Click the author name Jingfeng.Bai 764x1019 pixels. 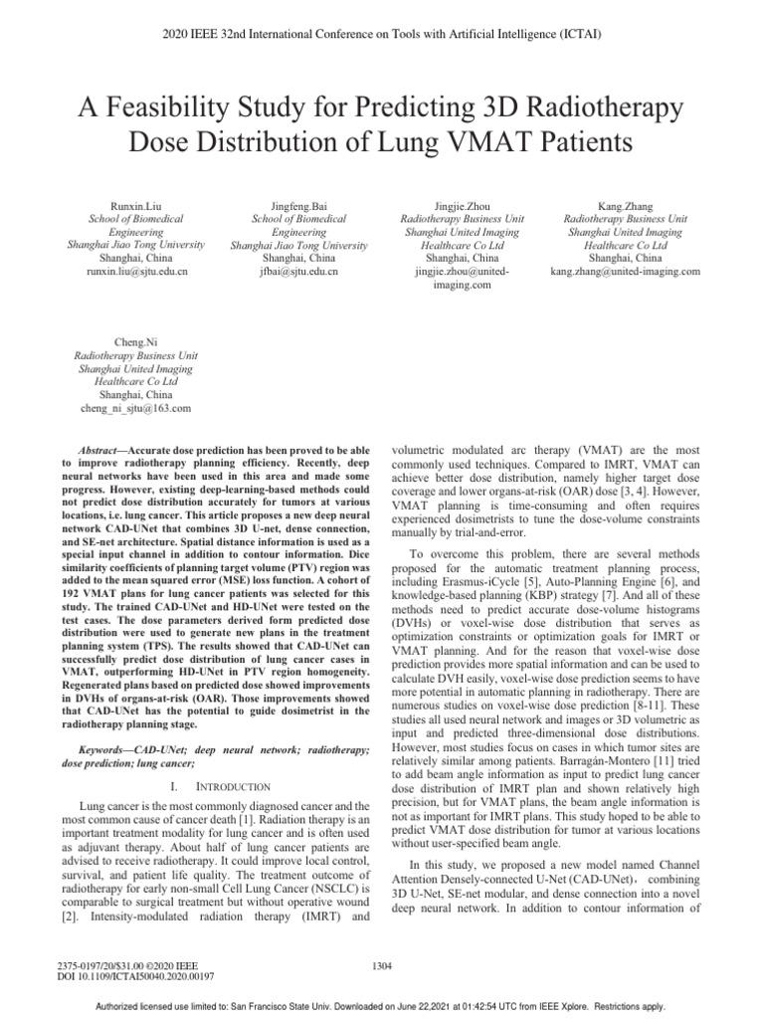click(287, 205)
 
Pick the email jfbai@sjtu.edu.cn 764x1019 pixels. click(287, 271)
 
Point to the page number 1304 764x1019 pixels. click(381, 965)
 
